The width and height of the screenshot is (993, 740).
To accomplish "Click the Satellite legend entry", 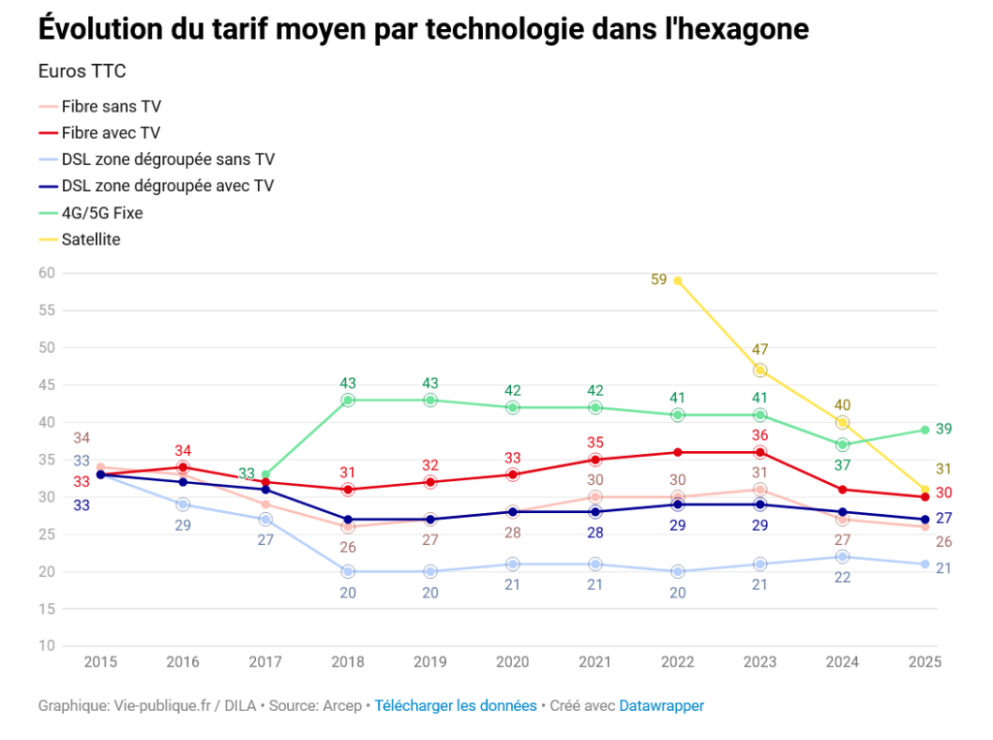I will point(90,239).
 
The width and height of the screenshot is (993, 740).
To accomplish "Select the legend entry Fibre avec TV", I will point(111,133).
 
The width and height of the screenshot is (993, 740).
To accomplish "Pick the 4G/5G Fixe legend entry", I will point(102,212).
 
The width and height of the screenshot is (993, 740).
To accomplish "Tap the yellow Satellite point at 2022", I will point(678,280).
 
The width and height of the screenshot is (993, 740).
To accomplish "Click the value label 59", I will point(658,280).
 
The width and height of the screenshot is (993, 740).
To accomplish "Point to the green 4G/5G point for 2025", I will point(925,430).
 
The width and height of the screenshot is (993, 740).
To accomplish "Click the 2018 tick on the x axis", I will point(348,662).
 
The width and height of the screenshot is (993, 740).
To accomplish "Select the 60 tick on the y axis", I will point(47,273).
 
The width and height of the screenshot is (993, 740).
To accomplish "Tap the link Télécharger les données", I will point(456,706).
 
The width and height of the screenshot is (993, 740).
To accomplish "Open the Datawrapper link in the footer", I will point(661,706).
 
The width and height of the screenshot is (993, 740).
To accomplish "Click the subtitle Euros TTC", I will point(81,72).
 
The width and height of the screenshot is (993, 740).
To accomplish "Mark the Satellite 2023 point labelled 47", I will point(760,370).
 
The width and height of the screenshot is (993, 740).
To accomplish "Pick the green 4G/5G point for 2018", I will point(348,400).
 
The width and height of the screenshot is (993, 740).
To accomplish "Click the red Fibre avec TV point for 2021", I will point(595,460).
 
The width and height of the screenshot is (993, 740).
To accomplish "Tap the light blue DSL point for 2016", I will point(183,504).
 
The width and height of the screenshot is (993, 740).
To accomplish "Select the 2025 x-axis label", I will point(925,662).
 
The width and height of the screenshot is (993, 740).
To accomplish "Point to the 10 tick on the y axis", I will point(47,646).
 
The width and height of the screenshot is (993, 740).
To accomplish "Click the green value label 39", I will point(945,430).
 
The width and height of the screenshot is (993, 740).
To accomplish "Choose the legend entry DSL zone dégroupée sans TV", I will point(168,159).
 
